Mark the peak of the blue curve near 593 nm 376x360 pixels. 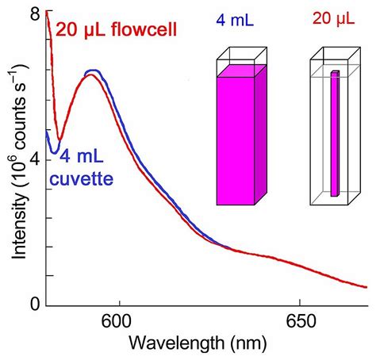94,71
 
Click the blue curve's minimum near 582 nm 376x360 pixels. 53,151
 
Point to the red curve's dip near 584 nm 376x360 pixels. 58,139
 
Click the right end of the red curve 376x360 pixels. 366,288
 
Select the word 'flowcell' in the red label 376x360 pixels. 148,31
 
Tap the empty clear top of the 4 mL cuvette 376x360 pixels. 238,56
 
